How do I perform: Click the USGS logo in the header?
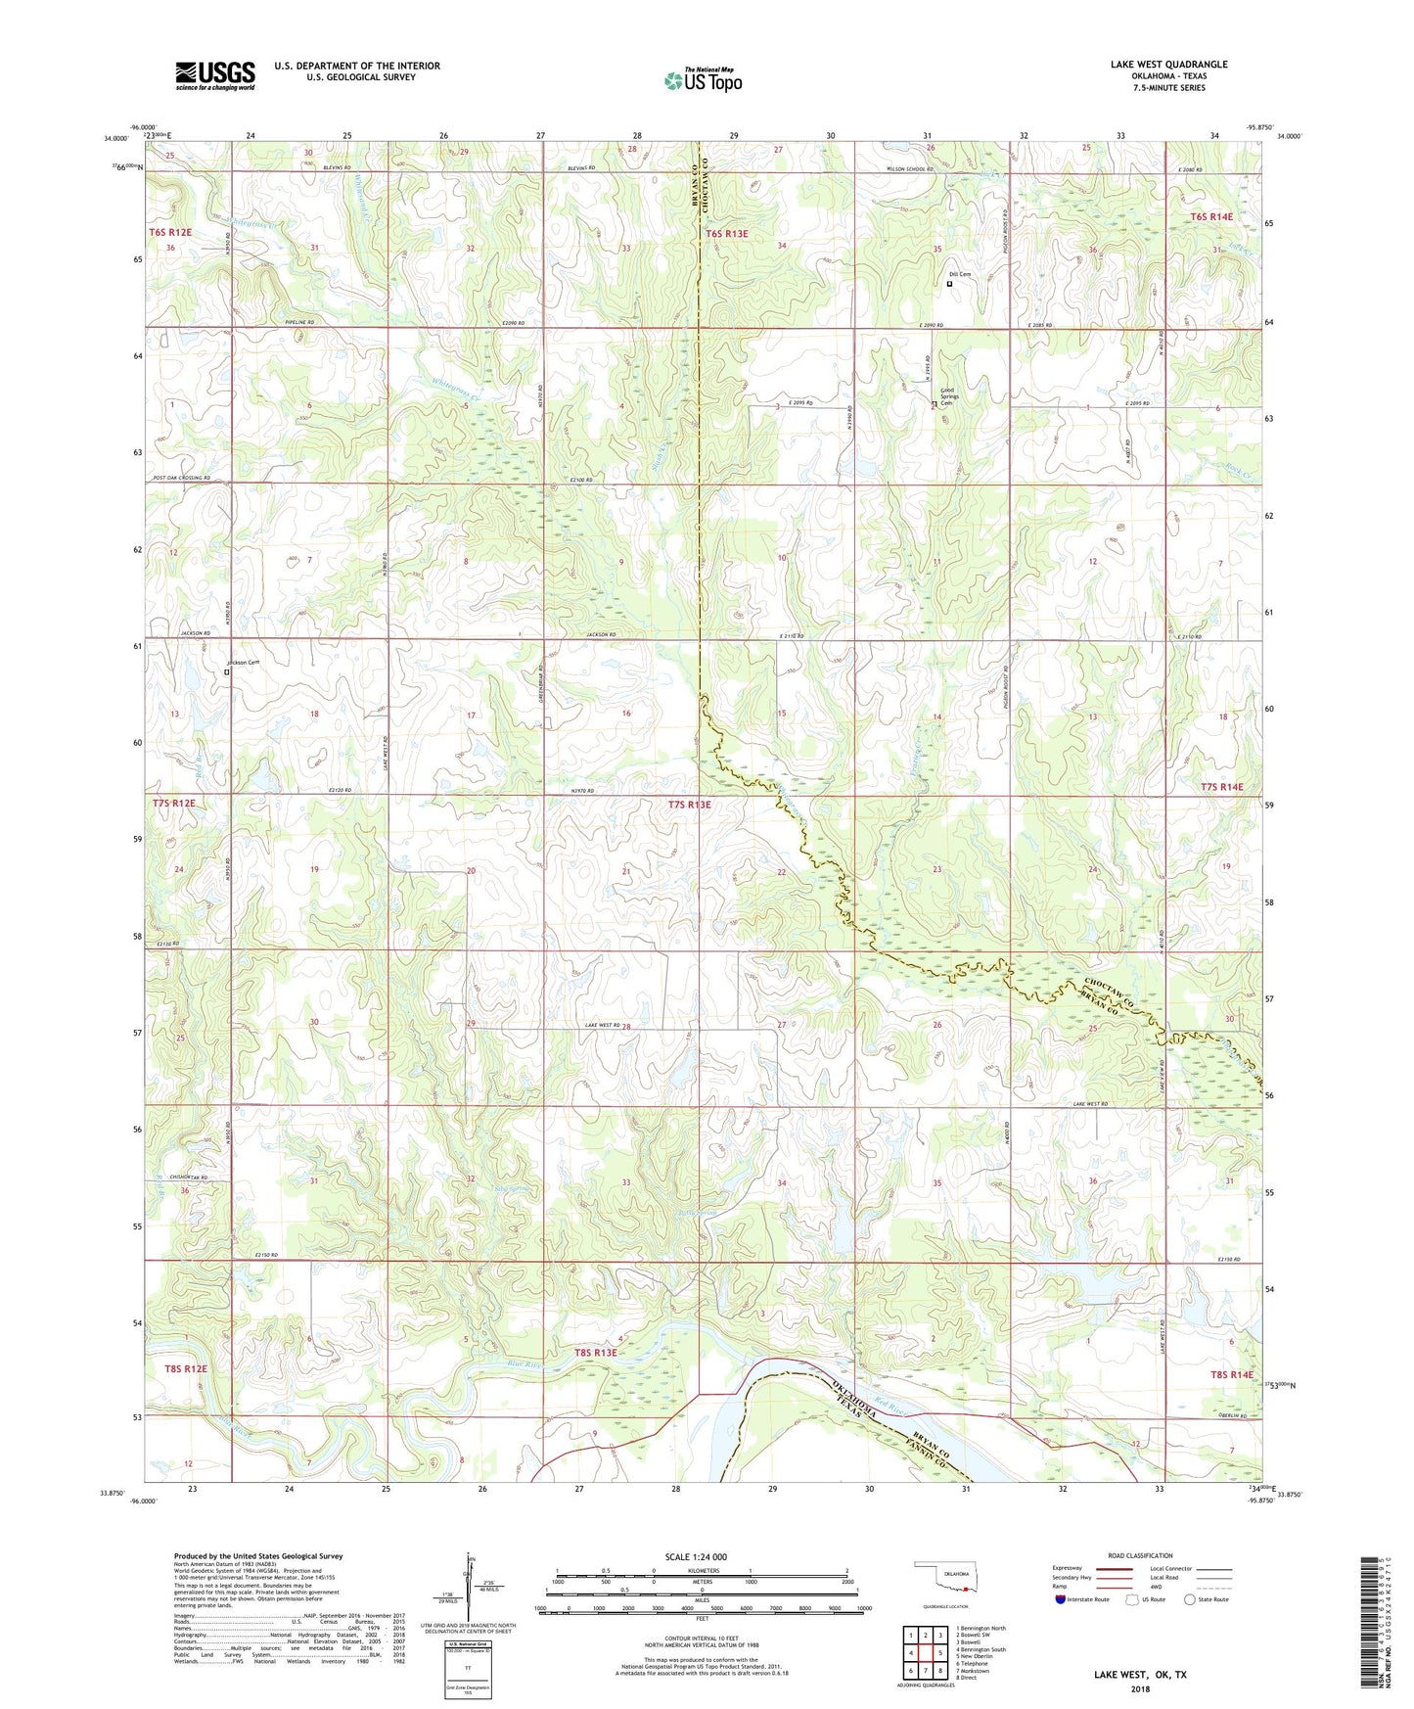[215, 75]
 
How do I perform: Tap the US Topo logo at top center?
[703, 80]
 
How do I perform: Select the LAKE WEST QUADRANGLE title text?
[1168, 65]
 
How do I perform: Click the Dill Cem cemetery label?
[959, 274]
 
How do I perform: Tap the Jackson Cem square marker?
[227, 672]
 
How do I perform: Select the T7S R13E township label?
[690, 805]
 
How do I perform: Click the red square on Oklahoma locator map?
[965, 1590]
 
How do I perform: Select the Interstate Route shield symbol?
[1061, 1599]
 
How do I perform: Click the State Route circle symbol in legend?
[1189, 1599]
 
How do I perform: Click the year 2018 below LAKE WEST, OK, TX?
[1140, 1688]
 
